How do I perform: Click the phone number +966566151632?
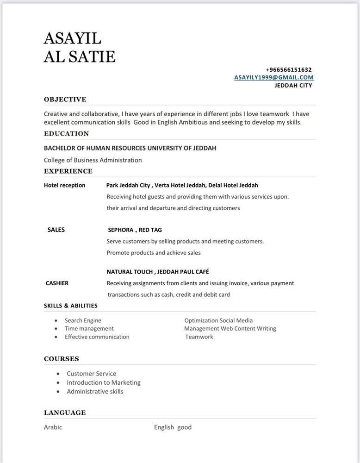coord(289,69)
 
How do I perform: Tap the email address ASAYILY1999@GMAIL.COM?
coord(274,77)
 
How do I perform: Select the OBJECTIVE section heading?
coord(65,99)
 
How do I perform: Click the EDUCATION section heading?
coord(66,133)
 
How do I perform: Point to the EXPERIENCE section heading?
coord(68,171)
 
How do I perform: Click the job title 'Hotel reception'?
coord(64,185)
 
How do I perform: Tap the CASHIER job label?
coord(57,283)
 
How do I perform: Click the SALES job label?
coord(56,230)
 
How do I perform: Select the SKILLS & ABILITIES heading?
coord(70,306)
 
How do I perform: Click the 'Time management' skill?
coord(89,328)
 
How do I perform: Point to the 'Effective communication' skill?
coord(97,337)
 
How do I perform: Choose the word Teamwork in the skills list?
coord(199,337)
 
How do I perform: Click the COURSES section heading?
coord(61,358)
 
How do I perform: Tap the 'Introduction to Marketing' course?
coord(103,382)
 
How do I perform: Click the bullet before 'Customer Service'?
coord(58,374)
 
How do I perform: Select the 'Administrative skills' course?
coord(95,391)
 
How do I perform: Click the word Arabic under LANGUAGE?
coord(53,427)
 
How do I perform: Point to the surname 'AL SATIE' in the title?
coord(79,56)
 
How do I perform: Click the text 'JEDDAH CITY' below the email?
coord(293,85)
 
